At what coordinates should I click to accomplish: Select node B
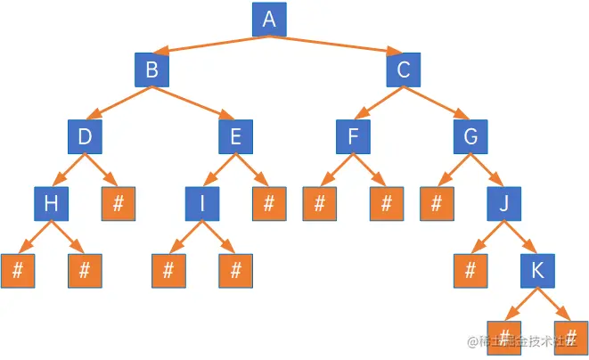pos(151,70)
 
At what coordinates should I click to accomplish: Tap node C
pos(404,70)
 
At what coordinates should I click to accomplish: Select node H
pos(51,204)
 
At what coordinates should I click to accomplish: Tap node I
pos(202,204)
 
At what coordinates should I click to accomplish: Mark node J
pos(503,204)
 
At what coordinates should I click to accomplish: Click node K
pos(537,270)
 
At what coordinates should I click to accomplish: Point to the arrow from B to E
pos(193,102)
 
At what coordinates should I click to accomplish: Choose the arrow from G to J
pos(487,170)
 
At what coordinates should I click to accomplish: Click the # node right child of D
pos(119,204)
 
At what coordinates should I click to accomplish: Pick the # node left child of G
pos(437,204)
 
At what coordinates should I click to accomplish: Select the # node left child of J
pos(470,270)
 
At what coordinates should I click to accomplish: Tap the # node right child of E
pos(268,204)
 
